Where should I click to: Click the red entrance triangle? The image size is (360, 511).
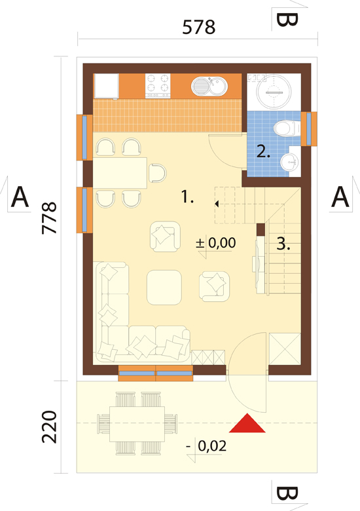pyautogui.click(x=247, y=424)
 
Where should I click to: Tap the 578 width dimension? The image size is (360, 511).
pyautogui.click(x=198, y=27)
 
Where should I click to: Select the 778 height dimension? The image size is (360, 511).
pyautogui.click(x=50, y=218)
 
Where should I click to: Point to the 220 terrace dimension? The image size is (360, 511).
pyautogui.click(x=50, y=426)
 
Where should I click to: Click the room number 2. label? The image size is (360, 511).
pyautogui.click(x=263, y=151)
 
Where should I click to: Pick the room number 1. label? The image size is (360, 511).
pyautogui.click(x=187, y=197)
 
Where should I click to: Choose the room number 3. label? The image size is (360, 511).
pyautogui.click(x=283, y=244)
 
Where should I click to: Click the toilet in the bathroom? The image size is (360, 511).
pyautogui.click(x=287, y=128)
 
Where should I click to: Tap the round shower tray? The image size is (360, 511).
pyautogui.click(x=274, y=92)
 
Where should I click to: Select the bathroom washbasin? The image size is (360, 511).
pyautogui.click(x=290, y=162)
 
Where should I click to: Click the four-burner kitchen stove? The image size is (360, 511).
pyautogui.click(x=158, y=86)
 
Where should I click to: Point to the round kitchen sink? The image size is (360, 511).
pyautogui.click(x=209, y=86)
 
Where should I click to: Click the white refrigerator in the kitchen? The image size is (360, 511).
pyautogui.click(x=106, y=86)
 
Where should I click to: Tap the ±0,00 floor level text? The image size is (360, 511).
pyautogui.click(x=216, y=243)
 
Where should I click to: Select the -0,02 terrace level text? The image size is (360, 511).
pyautogui.click(x=206, y=446)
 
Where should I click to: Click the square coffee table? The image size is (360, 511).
pyautogui.click(x=164, y=287)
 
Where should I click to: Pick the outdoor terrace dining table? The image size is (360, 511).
pyautogui.click(x=137, y=424)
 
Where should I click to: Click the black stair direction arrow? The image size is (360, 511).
pyautogui.click(x=217, y=204)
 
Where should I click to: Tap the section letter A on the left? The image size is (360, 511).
pyautogui.click(x=20, y=197)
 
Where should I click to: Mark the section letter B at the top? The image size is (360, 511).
pyautogui.click(x=287, y=20)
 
